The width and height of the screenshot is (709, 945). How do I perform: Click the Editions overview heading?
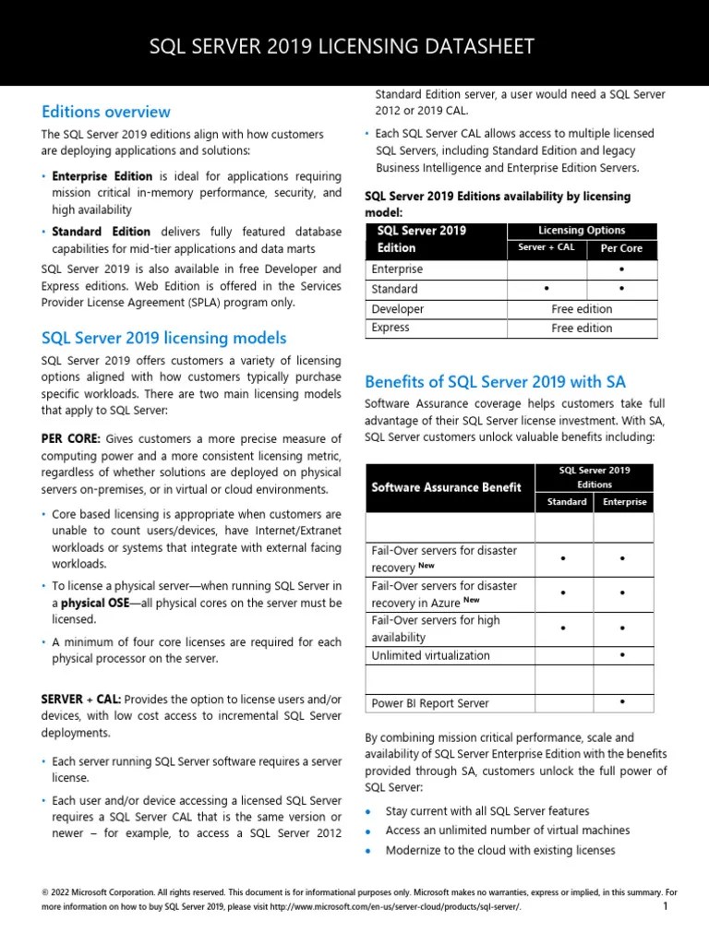(106, 112)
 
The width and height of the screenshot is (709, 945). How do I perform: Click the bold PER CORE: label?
(70, 437)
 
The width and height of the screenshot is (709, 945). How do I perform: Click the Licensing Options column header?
(581, 230)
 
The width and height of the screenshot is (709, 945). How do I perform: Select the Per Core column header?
(621, 249)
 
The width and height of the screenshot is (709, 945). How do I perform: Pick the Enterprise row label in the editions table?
(397, 269)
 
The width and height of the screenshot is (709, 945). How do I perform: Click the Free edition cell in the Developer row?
(582, 309)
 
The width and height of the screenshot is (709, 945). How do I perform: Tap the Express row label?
(391, 328)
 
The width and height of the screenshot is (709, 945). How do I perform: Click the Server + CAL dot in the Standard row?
(547, 290)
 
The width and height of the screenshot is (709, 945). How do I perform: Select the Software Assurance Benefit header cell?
(446, 487)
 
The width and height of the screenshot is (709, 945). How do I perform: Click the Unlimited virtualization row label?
(430, 656)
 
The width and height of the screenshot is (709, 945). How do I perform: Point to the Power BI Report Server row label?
(429, 703)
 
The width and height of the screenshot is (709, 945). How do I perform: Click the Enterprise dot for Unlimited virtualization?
(622, 655)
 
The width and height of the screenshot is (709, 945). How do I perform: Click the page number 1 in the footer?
(665, 907)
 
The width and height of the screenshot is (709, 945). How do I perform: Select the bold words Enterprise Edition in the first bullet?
(102, 175)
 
